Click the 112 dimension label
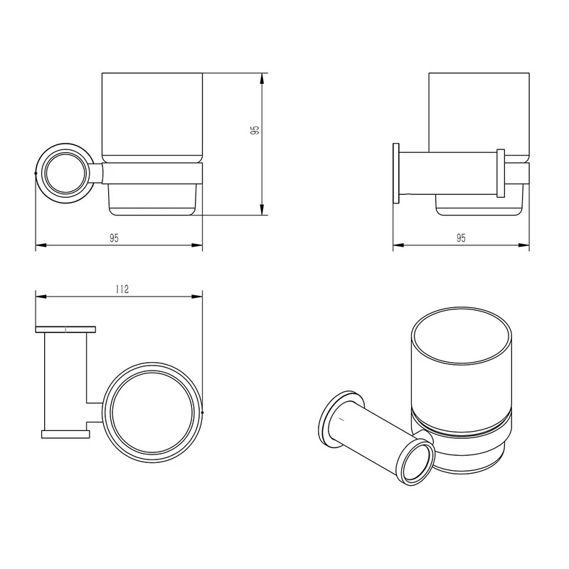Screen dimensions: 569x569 pos(122,289)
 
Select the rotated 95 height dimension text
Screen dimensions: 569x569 pos(255,130)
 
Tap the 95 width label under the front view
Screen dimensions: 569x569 pos(115,238)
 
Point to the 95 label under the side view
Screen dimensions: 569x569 pos(461,238)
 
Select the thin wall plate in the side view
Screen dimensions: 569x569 pos(396,173)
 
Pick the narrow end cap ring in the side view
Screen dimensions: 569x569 pos(501,173)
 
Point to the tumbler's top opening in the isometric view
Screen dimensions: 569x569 pos(462,335)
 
